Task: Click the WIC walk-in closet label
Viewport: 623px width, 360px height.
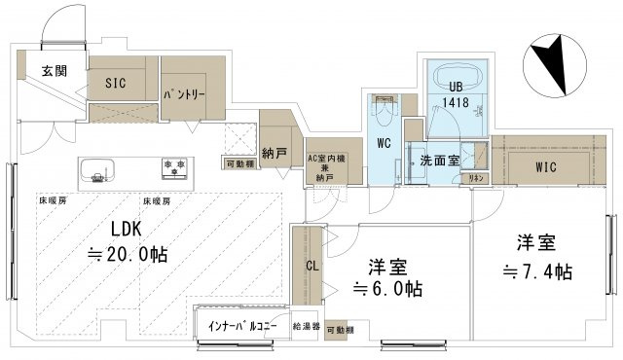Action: [x=546, y=166]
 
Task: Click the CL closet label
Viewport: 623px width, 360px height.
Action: [x=311, y=265]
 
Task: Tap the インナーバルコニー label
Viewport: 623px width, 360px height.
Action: [x=242, y=325]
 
